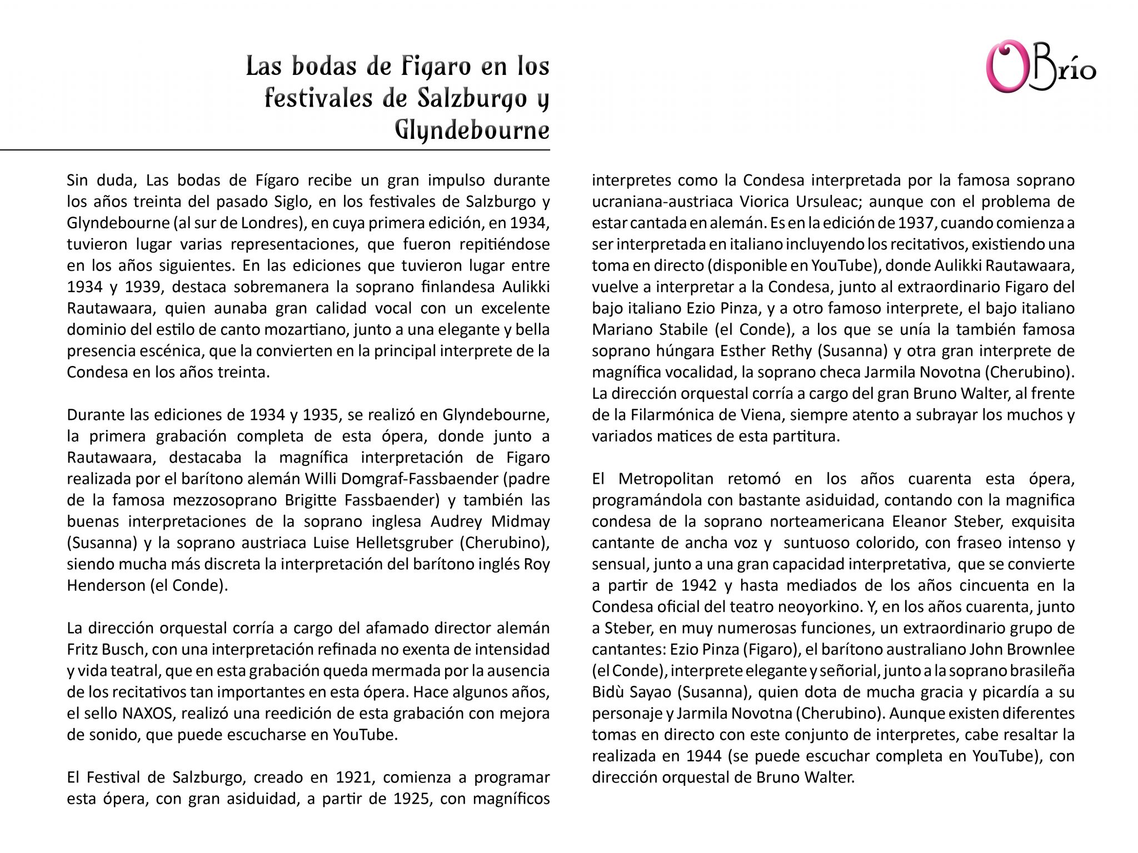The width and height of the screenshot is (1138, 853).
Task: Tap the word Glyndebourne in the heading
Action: point(472,131)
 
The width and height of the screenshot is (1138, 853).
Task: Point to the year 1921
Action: point(353,777)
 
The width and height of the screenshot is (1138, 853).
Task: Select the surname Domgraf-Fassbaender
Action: point(430,479)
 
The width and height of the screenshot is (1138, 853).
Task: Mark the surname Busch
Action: point(123,650)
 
